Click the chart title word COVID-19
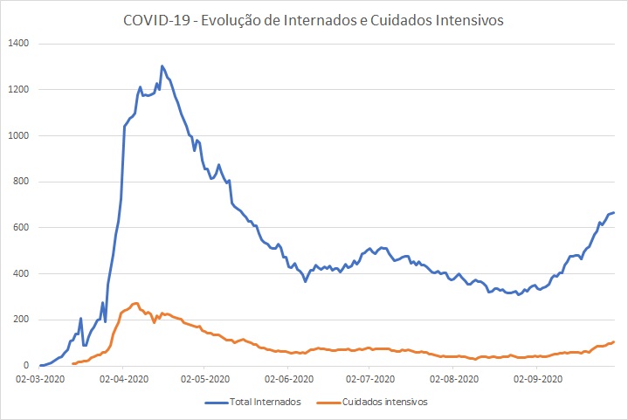point(154,21)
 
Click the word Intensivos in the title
point(471,21)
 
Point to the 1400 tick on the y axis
point(18,44)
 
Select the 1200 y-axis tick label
point(18,90)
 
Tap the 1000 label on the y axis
point(18,136)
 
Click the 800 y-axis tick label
point(21,182)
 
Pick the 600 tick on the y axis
point(21,228)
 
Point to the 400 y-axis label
point(21,274)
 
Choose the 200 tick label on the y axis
point(21,320)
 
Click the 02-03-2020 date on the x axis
point(40,380)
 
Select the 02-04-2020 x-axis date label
point(123,380)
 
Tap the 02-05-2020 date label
point(206,380)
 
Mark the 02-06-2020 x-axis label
point(289,380)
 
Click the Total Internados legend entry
point(266,403)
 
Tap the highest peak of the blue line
point(162,65)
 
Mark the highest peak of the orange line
point(136,303)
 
